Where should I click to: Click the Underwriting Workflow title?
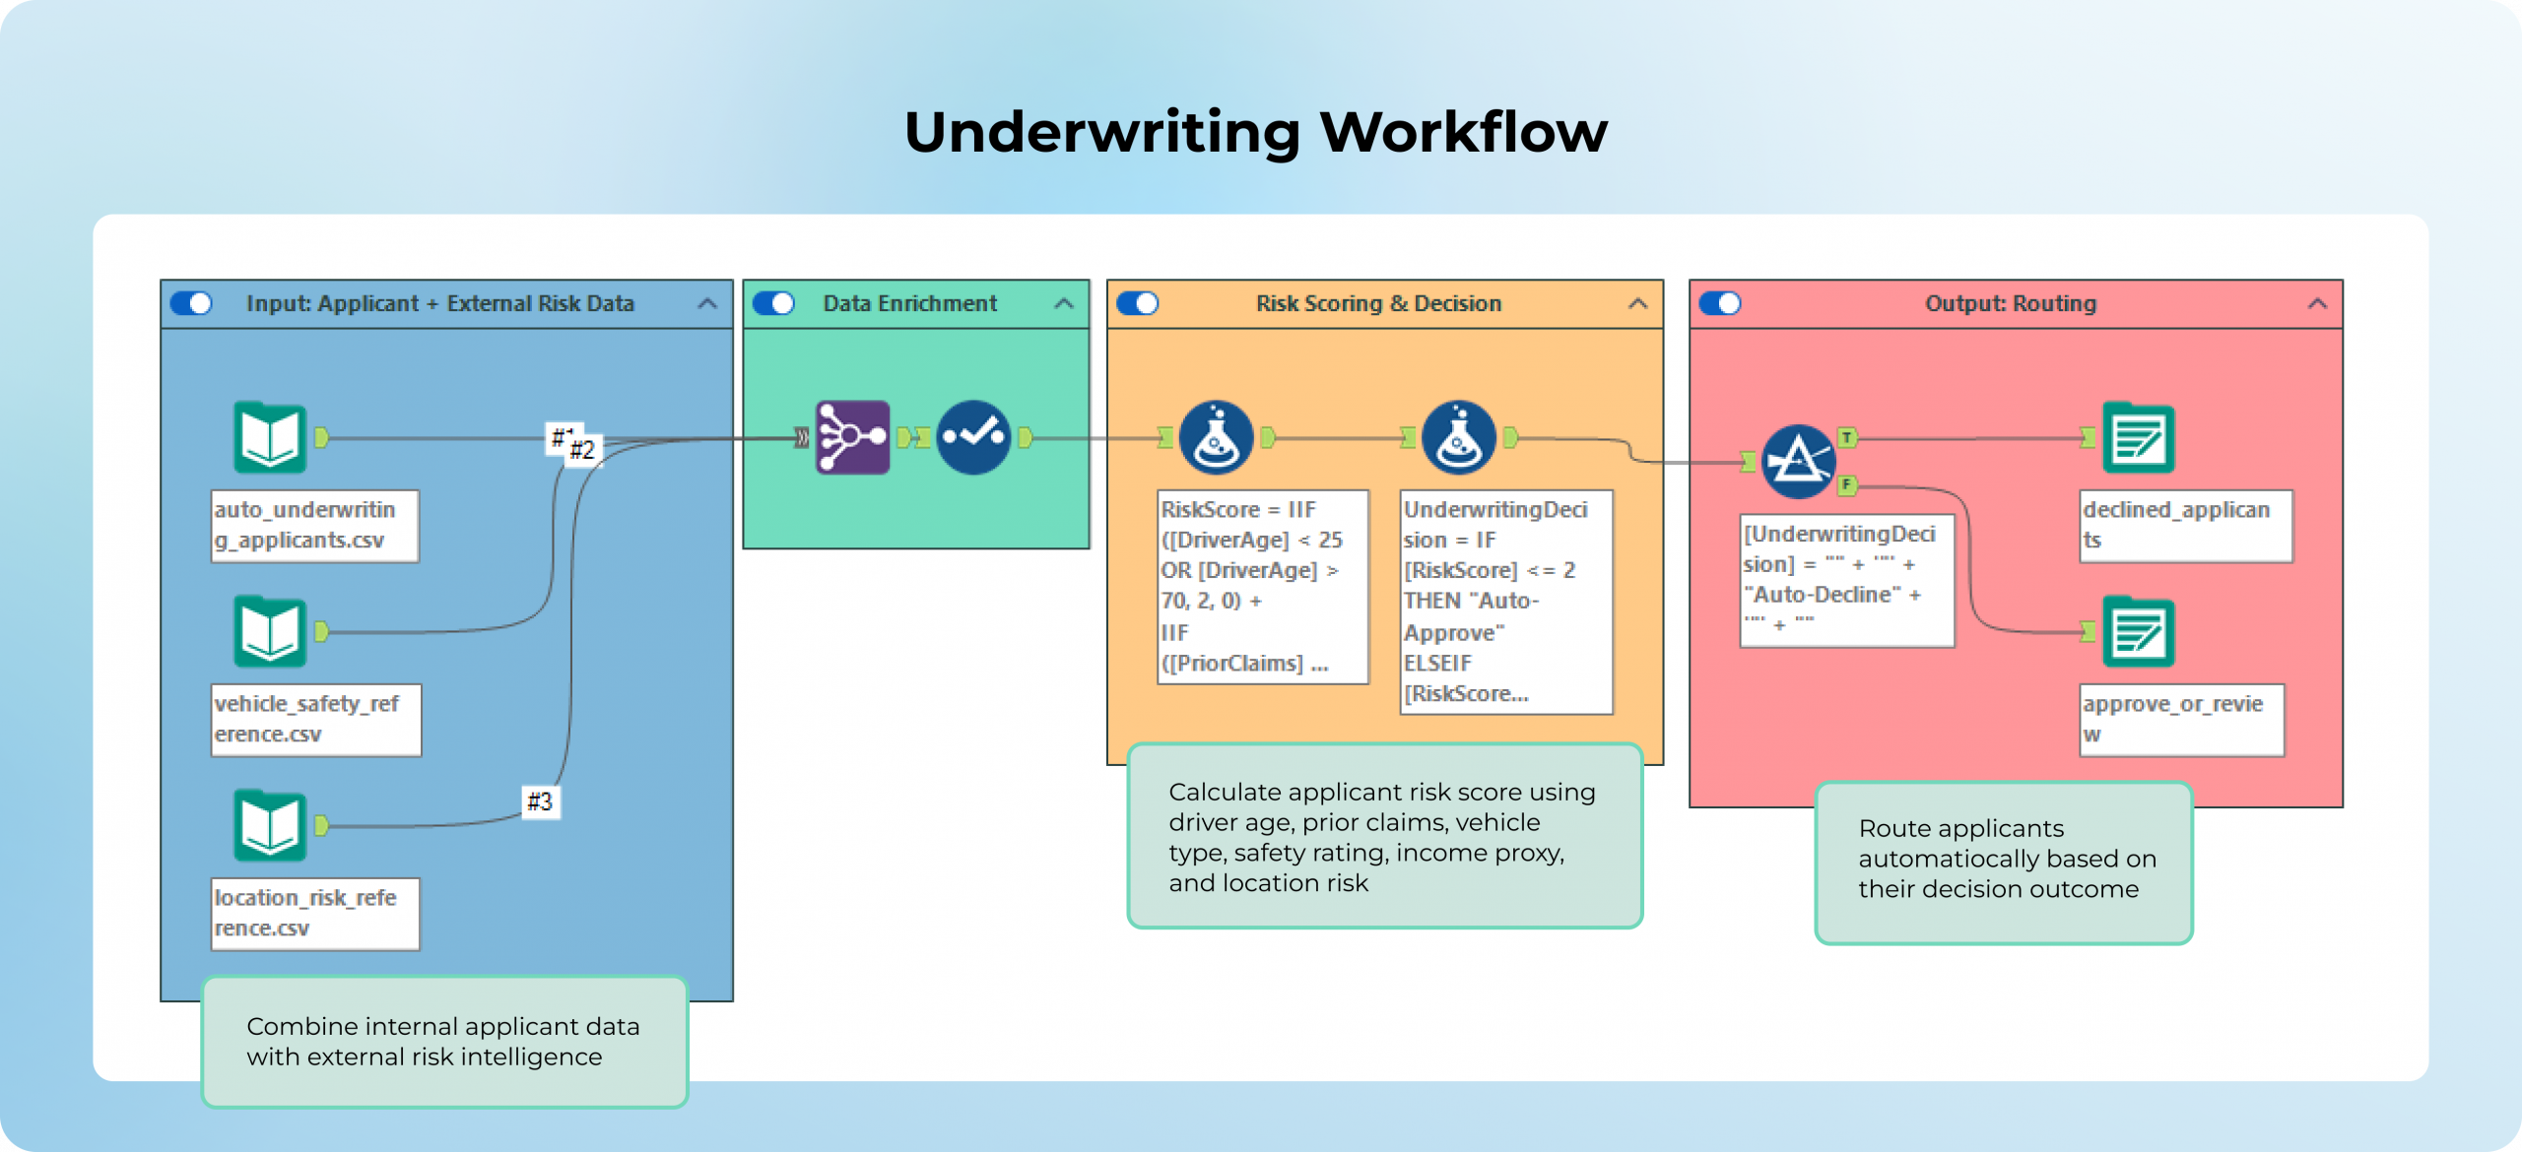[x=1255, y=132]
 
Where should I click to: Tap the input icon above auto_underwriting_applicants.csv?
[x=270, y=437]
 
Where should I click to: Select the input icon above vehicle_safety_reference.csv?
[x=270, y=631]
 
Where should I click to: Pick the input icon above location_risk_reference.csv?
[x=270, y=825]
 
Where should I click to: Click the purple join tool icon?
[x=852, y=437]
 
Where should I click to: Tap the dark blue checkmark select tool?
[x=973, y=437]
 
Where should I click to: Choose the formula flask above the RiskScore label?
[x=1216, y=437]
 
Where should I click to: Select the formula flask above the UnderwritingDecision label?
[x=1459, y=437]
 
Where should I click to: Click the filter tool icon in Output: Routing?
[x=1798, y=461]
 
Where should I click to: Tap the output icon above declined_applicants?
[x=2138, y=437]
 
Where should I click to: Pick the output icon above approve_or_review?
[x=2138, y=631]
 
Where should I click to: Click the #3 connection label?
[x=540, y=801]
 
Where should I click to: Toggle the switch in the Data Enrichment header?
[x=773, y=303]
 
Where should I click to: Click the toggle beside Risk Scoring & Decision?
[x=1138, y=303]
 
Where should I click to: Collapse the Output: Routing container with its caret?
[x=2317, y=303]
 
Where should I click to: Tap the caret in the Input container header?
[x=707, y=303]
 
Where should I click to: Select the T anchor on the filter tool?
[x=1847, y=437]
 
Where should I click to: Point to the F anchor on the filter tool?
[x=1847, y=484]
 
